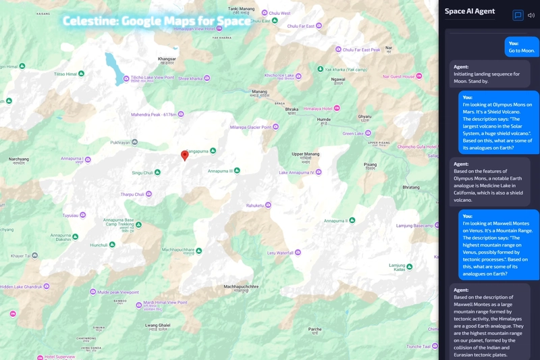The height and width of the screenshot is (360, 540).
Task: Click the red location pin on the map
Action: coord(185,156)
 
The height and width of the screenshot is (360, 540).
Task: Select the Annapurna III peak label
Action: coord(219,171)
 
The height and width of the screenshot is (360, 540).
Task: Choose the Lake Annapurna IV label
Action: coord(300,172)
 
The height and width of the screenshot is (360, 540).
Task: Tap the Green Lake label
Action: coord(353,134)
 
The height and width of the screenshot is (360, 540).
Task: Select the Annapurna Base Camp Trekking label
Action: coord(122,223)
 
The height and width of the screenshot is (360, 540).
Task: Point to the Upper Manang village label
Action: coord(305,155)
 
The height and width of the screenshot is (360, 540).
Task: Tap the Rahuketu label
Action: coord(254,205)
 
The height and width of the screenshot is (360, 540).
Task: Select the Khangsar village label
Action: coord(167,59)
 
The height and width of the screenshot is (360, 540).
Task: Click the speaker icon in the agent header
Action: coord(531,15)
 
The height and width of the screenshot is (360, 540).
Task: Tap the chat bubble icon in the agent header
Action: coord(518,15)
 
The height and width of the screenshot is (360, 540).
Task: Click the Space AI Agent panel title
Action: coord(470,11)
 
